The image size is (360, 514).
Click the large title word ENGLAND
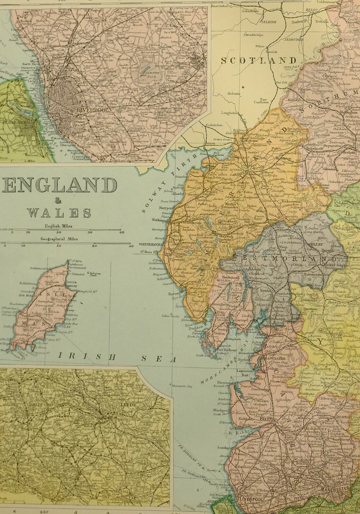click(59, 185)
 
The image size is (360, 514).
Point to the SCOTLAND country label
click(259, 61)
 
